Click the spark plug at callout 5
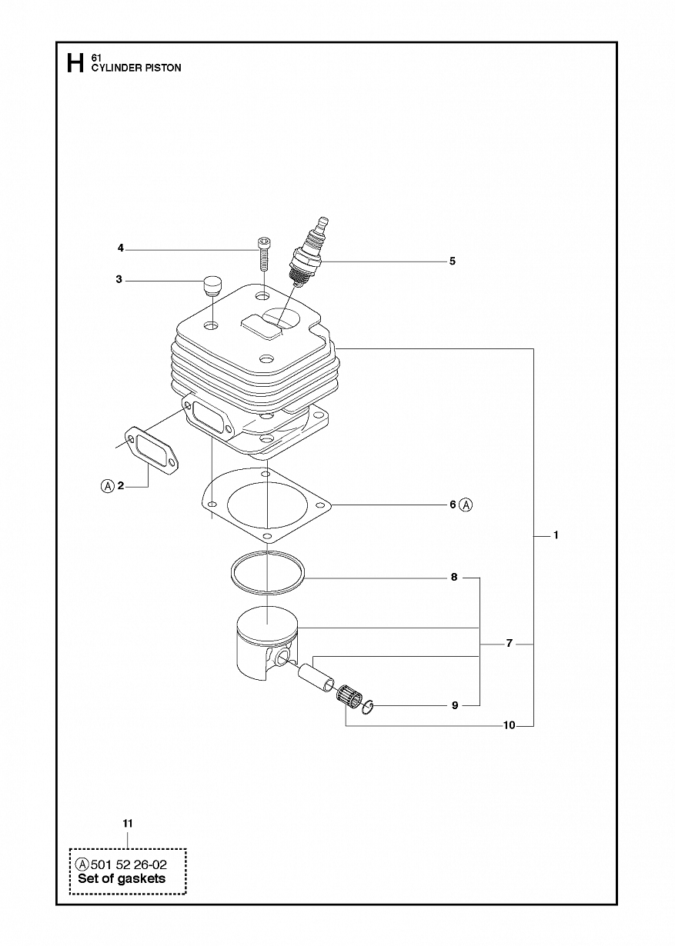coord(307,252)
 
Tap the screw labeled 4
coord(262,255)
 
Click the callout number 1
coord(556,535)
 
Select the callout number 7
coord(510,655)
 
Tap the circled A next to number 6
coord(466,505)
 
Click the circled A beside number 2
coord(108,486)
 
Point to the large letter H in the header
coord(75,63)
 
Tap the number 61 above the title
coord(95,58)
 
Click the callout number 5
coord(453,261)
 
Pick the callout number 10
coord(510,725)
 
